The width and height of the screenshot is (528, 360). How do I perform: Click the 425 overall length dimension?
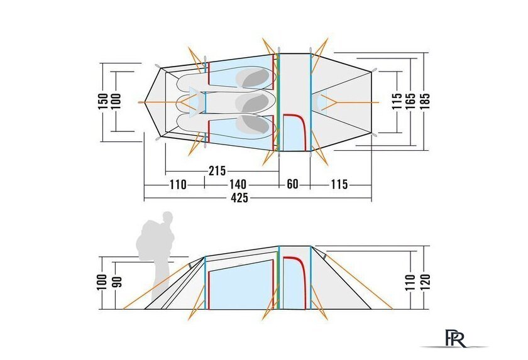click(x=239, y=197)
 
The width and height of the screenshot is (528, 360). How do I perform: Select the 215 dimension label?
click(x=217, y=171)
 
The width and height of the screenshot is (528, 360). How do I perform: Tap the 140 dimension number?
click(x=238, y=184)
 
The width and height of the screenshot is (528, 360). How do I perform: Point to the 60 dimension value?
click(x=292, y=184)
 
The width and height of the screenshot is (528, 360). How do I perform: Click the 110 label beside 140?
click(x=178, y=184)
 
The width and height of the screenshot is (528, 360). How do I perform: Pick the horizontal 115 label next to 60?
click(x=339, y=184)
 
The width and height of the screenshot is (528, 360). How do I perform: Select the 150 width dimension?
click(x=103, y=101)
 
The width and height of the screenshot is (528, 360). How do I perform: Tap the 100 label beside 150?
click(x=116, y=101)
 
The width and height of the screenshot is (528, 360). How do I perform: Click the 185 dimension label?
click(x=425, y=101)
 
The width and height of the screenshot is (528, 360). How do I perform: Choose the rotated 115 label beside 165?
click(x=397, y=101)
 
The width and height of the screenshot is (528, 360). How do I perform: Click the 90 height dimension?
click(x=118, y=282)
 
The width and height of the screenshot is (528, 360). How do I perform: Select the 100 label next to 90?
click(x=103, y=282)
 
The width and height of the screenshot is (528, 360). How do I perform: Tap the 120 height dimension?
click(x=425, y=283)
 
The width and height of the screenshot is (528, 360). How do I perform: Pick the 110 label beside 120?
click(x=410, y=283)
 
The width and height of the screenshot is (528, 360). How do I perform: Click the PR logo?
click(x=455, y=338)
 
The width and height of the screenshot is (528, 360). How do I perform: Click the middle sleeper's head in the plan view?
click(x=255, y=103)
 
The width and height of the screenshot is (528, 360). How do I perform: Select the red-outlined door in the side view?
click(x=294, y=283)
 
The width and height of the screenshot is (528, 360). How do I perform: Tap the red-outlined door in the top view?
click(x=294, y=133)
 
